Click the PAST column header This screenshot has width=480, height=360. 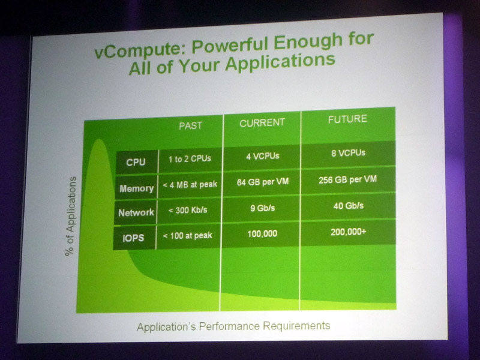pos(190,125)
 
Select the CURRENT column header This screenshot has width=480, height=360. pos(262,123)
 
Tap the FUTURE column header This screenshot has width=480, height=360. pos(347,119)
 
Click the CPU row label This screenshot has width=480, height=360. pos(136,162)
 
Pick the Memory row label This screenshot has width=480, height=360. pos(137,188)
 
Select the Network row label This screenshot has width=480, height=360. pos(136,212)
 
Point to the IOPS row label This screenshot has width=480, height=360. pos(133,238)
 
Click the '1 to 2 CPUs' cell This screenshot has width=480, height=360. pos(190,158)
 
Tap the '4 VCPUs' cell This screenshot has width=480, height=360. pos(263,156)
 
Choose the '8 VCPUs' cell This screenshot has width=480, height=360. pos(349,153)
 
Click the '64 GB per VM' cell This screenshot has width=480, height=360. pos(263,182)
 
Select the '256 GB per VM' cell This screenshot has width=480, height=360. pos(348,179)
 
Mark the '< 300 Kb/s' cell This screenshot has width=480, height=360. pos(188,210)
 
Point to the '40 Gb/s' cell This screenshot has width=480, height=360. pos(349,206)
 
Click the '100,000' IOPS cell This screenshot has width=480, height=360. pos(262,234)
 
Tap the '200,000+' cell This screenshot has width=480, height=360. pos(349,232)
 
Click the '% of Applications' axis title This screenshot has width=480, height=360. pos(71,216)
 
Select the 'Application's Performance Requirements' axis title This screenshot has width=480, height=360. pos(233,326)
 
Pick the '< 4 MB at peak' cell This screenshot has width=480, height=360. pos(190,185)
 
